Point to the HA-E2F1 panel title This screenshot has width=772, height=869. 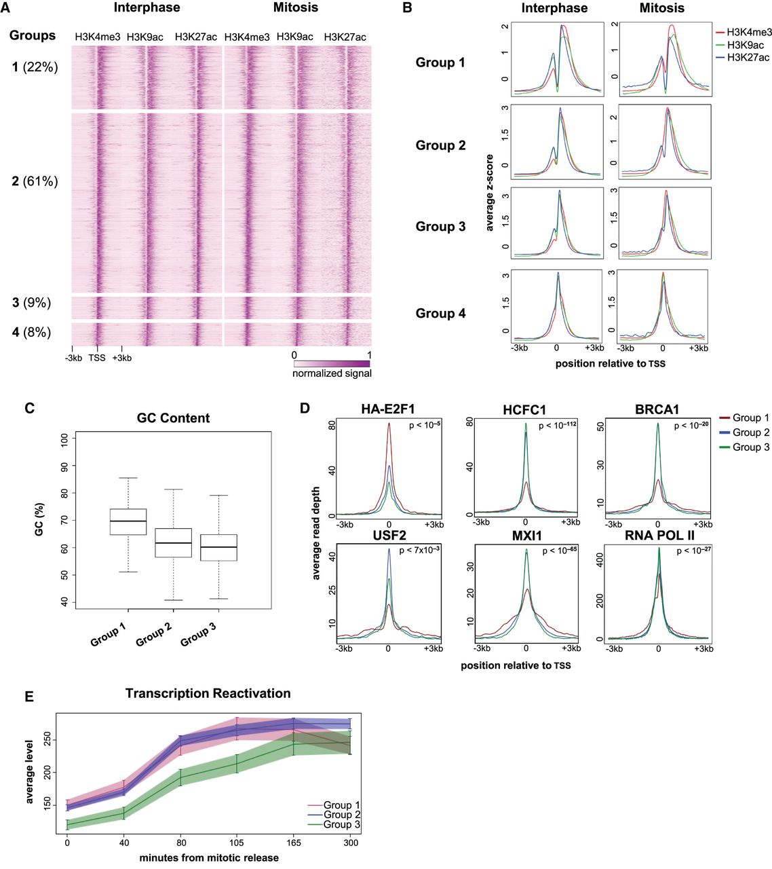389,409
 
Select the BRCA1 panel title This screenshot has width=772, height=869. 657,409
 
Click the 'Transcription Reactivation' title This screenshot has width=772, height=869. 208,693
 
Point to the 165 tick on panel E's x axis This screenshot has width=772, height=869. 293,843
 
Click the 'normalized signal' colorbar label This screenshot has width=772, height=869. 332,373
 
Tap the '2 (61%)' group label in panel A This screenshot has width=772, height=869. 35,181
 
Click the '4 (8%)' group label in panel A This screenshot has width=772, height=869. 31,332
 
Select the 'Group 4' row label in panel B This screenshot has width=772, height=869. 440,313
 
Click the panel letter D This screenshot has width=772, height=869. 305,409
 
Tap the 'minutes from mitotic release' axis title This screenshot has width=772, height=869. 209,857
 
